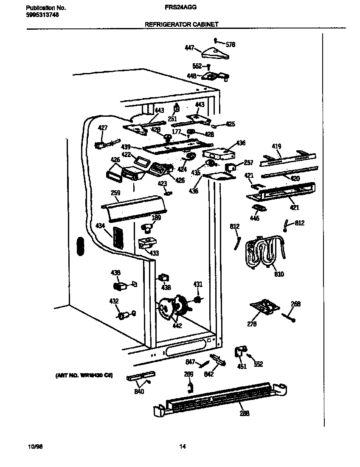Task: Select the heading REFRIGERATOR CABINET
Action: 182,25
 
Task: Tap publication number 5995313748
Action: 42,14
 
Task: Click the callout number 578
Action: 230,45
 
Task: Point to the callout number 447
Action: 189,48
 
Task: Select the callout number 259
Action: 115,193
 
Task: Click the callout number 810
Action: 279,274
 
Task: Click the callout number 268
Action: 295,304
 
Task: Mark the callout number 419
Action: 276,147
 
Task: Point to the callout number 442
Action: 177,326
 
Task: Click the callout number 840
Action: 139,391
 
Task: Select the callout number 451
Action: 242,366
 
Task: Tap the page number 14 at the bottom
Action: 182,446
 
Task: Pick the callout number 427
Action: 103,127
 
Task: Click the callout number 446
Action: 254,218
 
